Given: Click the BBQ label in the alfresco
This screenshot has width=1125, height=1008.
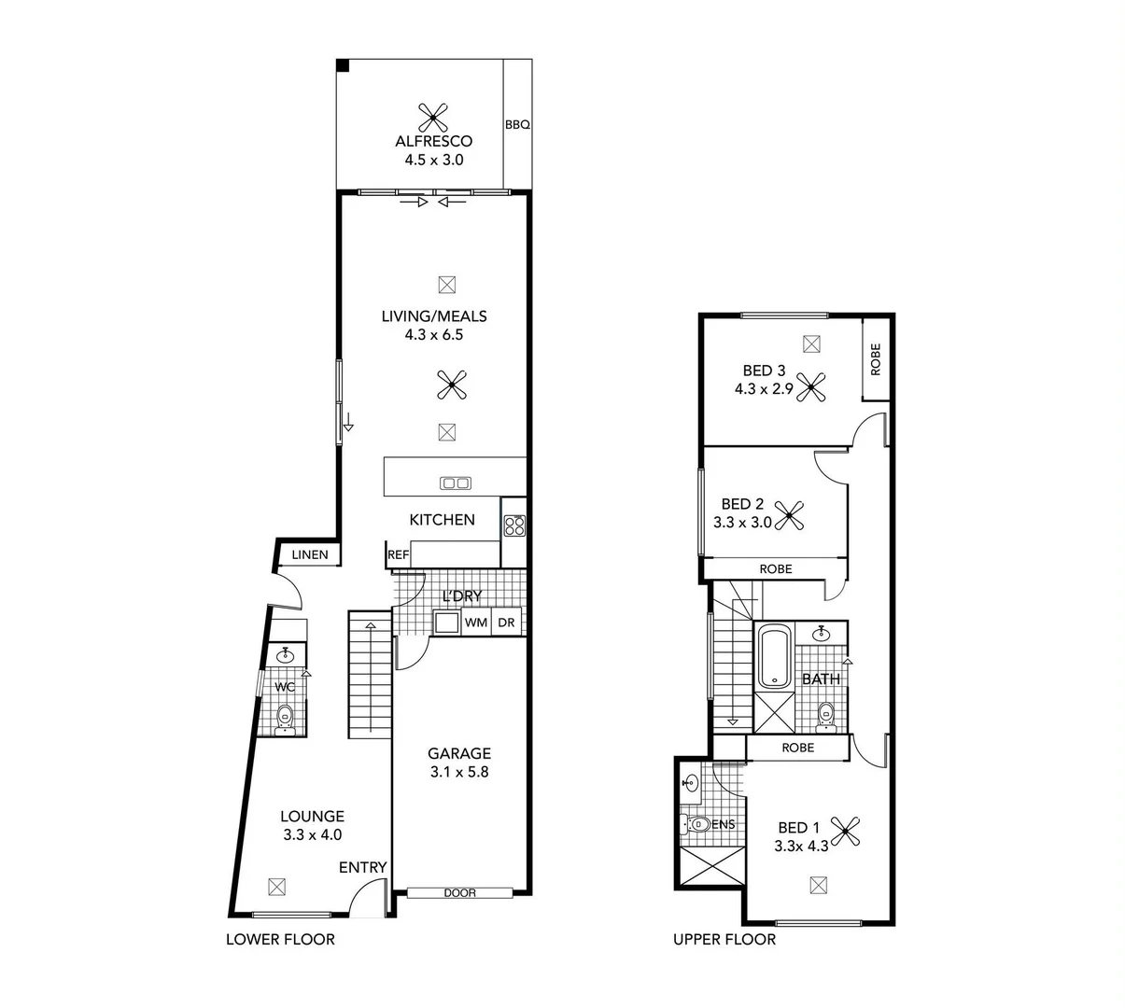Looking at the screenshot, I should (517, 124).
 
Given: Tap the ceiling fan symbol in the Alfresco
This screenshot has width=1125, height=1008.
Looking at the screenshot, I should (433, 117).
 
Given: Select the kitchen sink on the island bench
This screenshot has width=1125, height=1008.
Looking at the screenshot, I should (456, 483).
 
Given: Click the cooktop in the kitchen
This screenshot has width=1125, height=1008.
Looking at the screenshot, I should (514, 526).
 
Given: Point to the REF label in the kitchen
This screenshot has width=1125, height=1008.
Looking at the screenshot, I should (399, 554).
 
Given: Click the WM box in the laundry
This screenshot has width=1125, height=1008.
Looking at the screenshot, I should (476, 623).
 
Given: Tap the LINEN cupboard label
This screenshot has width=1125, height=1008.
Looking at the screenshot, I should (310, 554).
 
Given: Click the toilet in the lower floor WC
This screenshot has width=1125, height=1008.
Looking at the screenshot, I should (285, 718).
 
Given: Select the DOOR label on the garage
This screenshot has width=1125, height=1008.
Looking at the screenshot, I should (459, 893).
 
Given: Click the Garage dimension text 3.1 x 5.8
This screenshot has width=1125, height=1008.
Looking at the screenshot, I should (459, 772).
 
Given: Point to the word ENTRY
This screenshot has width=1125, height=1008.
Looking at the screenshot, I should (362, 867).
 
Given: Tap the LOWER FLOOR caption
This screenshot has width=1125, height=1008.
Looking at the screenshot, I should (280, 939).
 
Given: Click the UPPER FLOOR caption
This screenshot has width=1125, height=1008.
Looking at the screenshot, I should (724, 939).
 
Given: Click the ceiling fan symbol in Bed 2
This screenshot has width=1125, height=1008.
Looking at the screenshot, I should (790, 512).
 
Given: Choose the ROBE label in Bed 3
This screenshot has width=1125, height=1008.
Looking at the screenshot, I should (875, 359).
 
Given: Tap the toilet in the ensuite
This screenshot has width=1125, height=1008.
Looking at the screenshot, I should (698, 824).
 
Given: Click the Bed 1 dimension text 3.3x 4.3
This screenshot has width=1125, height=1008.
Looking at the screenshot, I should (801, 847).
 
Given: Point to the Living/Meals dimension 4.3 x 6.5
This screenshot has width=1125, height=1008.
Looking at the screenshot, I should (434, 334).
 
